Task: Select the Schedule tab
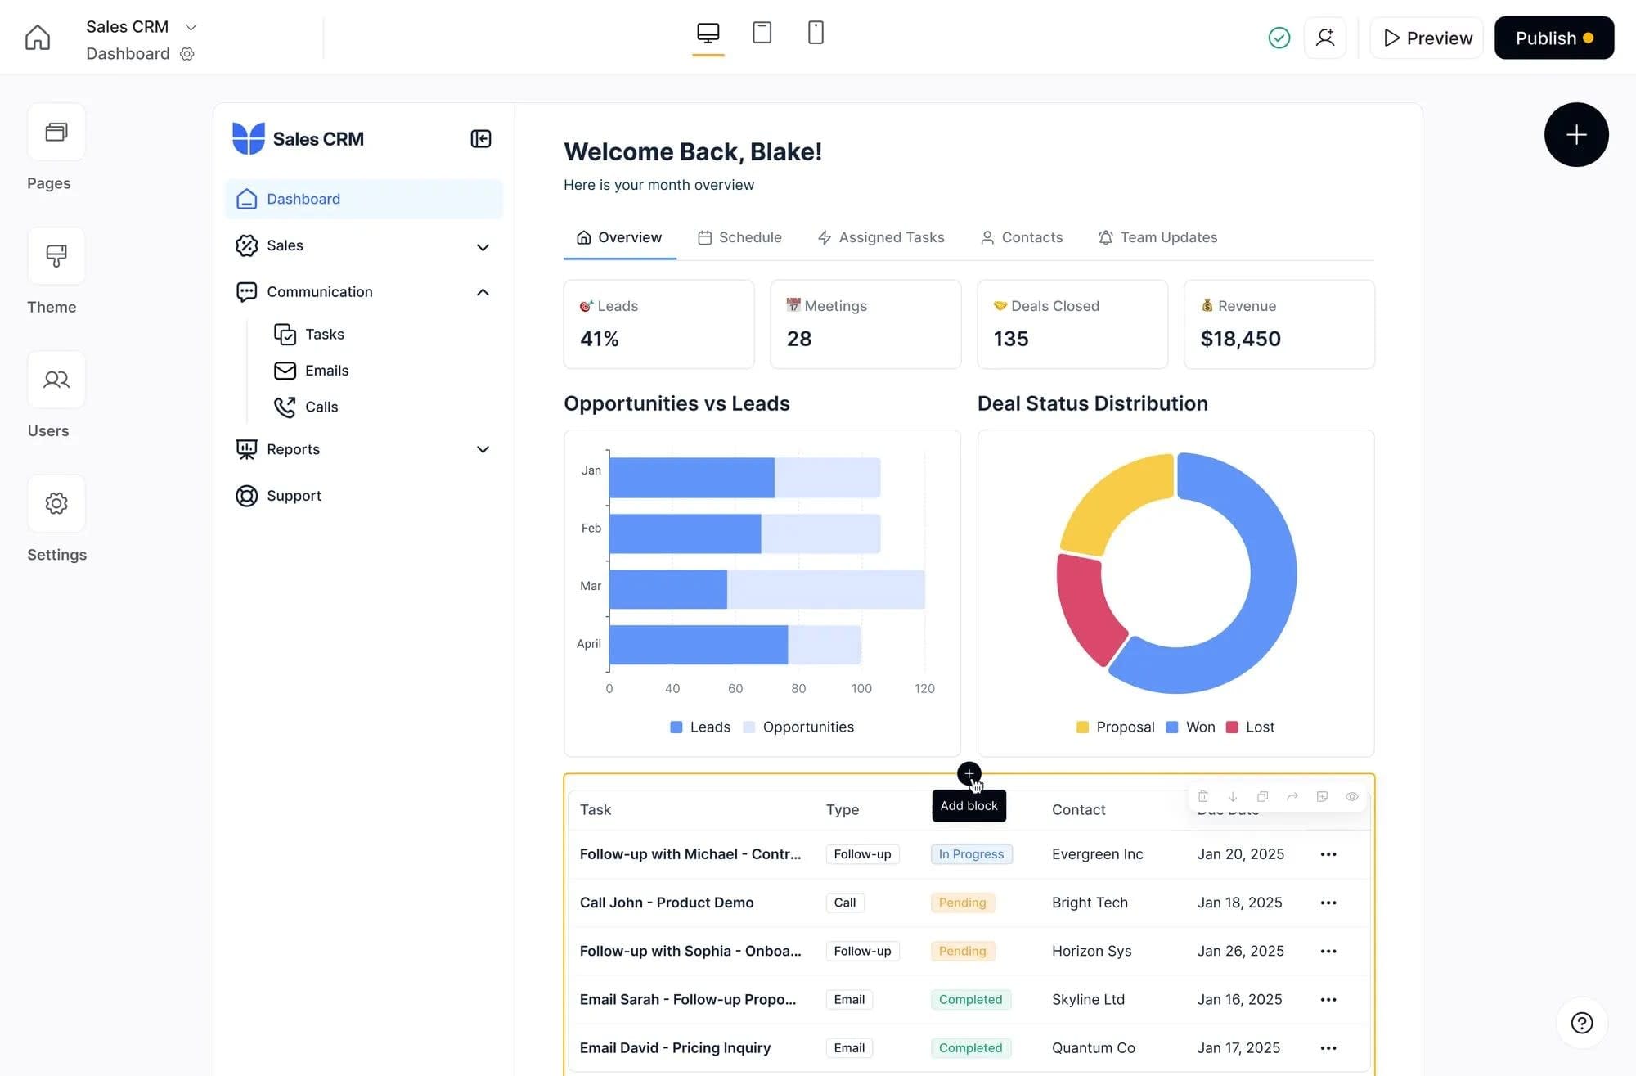[x=739, y=237]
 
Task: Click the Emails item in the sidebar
[x=326, y=371]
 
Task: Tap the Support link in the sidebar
[x=293, y=496]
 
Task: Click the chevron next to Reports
[x=483, y=449]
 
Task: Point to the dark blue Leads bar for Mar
[x=667, y=589]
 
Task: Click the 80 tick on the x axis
[x=798, y=688]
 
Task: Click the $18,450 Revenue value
[x=1240, y=339]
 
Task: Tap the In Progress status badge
[x=971, y=854]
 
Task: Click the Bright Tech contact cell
[x=1090, y=903]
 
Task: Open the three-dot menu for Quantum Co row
[x=1328, y=1048]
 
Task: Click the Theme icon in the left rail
[x=56, y=256]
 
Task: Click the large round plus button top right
[x=1575, y=135]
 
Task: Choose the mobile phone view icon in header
[x=816, y=33]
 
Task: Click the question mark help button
[x=1581, y=1023]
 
